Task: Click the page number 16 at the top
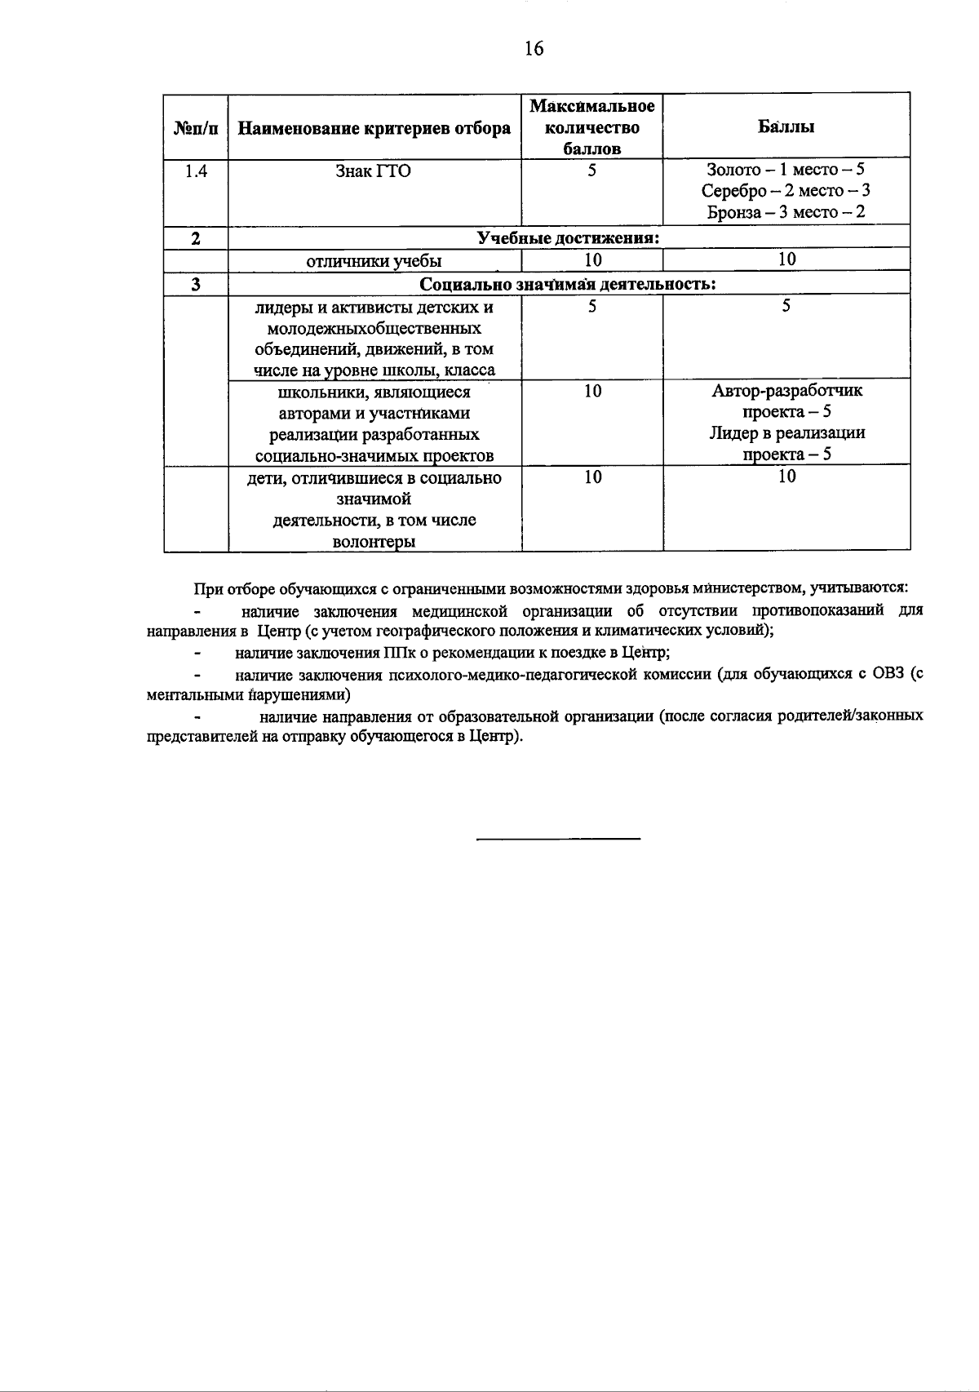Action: [x=534, y=49]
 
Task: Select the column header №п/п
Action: [x=196, y=128]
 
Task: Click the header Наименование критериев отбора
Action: [x=374, y=128]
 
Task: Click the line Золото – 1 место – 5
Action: [x=786, y=171]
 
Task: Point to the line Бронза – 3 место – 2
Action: [x=786, y=213]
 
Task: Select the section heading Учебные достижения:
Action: [x=568, y=238]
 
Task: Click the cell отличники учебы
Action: [x=374, y=261]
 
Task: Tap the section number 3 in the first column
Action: [x=196, y=284]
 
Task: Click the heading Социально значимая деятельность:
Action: [x=568, y=284]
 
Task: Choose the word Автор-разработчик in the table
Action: [x=786, y=391]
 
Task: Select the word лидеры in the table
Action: [x=278, y=308]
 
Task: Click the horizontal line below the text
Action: [x=558, y=839]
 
